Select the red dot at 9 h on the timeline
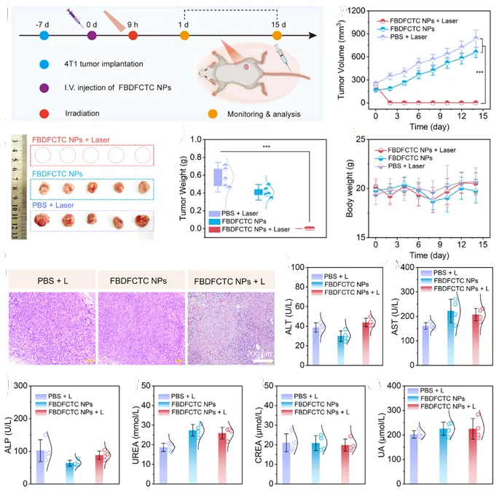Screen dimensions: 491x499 click(133, 34)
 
